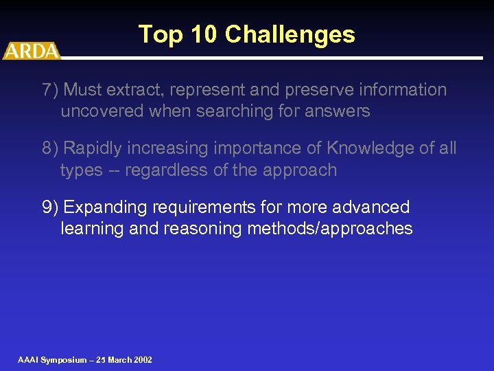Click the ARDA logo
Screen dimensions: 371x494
[x=31, y=51]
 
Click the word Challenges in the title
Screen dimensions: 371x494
[x=290, y=34]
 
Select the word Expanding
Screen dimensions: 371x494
[x=103, y=207]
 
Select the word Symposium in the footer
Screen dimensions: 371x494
[x=63, y=360]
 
